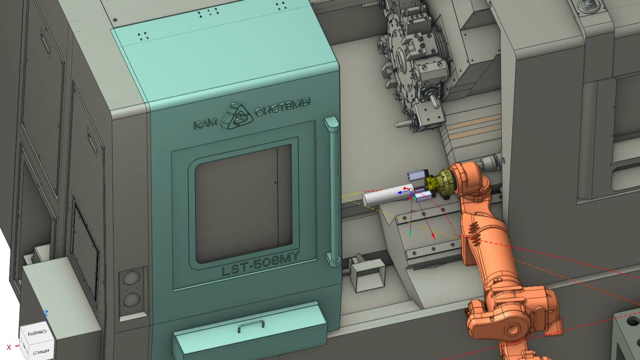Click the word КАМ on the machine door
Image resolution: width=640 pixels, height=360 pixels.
(x=206, y=124)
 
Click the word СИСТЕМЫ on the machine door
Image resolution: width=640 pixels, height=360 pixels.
(x=282, y=107)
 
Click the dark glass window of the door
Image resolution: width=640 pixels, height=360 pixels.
(x=243, y=203)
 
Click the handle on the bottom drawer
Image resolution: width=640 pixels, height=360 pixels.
(x=251, y=325)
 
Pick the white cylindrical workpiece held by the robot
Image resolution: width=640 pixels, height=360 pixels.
(x=387, y=195)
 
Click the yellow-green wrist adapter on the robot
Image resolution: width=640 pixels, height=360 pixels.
(x=439, y=184)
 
